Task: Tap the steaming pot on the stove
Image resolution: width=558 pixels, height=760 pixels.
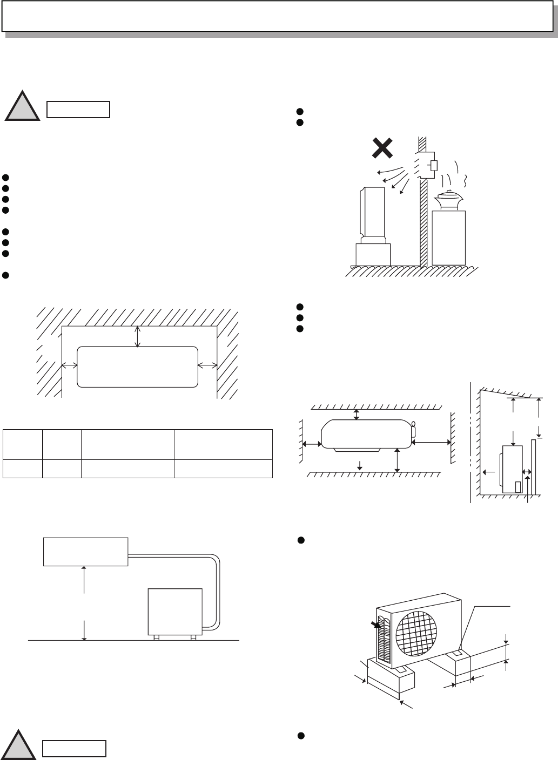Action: coord(448,200)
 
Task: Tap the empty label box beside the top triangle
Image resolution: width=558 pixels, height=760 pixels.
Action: coord(78,109)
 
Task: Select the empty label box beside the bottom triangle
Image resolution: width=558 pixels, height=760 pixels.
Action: coord(74,749)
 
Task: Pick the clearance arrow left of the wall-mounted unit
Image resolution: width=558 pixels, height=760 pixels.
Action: coord(69,365)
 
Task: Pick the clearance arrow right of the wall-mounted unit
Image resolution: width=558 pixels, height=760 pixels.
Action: coord(207,365)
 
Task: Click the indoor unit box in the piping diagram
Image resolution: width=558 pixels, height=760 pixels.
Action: coord(85,551)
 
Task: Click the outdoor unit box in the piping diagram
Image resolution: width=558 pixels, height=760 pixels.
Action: coord(175,611)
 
